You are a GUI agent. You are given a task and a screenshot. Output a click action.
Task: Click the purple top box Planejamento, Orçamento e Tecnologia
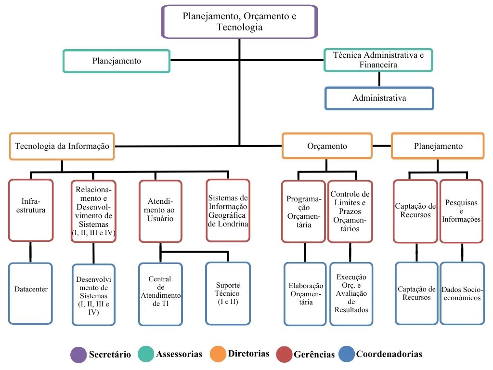[x=239, y=22]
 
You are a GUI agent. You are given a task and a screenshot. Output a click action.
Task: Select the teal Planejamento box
[x=117, y=61]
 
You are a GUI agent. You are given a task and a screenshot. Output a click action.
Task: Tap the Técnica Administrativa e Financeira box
[x=378, y=60]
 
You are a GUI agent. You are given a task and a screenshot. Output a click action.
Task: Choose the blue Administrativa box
[x=379, y=98]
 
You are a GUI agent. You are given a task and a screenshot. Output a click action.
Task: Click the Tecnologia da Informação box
[x=62, y=146]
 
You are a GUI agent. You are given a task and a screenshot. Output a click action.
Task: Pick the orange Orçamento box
[x=327, y=146]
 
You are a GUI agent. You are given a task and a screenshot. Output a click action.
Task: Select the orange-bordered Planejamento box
[x=438, y=146]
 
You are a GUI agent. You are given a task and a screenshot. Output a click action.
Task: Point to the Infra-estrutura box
[x=30, y=211]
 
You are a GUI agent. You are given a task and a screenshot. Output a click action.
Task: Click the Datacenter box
[x=30, y=293]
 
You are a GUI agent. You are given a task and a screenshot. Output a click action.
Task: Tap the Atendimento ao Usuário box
[x=160, y=211]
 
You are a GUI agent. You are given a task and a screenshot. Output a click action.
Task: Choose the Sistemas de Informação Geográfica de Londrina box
[x=228, y=211]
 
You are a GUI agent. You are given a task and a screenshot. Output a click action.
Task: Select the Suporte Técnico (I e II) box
[x=228, y=293]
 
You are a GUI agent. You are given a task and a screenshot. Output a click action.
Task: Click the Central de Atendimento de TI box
[x=160, y=293]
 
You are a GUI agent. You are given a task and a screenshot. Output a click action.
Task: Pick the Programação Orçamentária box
[x=304, y=211]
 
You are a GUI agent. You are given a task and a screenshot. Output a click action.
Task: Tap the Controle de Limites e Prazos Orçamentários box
[x=350, y=211]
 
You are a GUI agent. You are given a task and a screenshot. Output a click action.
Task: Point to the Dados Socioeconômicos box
[x=462, y=293]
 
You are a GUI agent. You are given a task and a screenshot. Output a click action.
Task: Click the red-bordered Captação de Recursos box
[x=415, y=211]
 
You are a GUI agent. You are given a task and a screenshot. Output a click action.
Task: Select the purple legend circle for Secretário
[x=78, y=355]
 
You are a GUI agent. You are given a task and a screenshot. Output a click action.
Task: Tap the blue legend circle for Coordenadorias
[x=346, y=354]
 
